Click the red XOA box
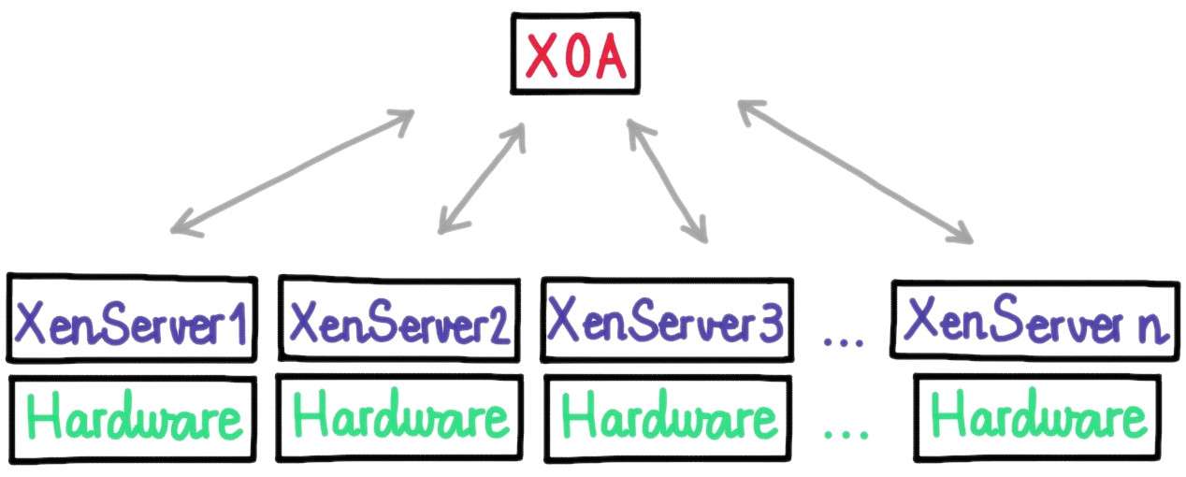(575, 54)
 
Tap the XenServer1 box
(132, 319)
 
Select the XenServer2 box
(399, 319)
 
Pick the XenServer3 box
(667, 320)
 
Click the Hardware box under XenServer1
(133, 419)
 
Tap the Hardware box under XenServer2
(399, 418)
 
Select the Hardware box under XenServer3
(668, 419)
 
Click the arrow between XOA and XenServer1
(292, 172)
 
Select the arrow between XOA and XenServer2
(482, 179)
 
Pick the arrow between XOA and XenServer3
(667, 181)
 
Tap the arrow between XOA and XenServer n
(855, 172)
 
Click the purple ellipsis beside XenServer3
(844, 342)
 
